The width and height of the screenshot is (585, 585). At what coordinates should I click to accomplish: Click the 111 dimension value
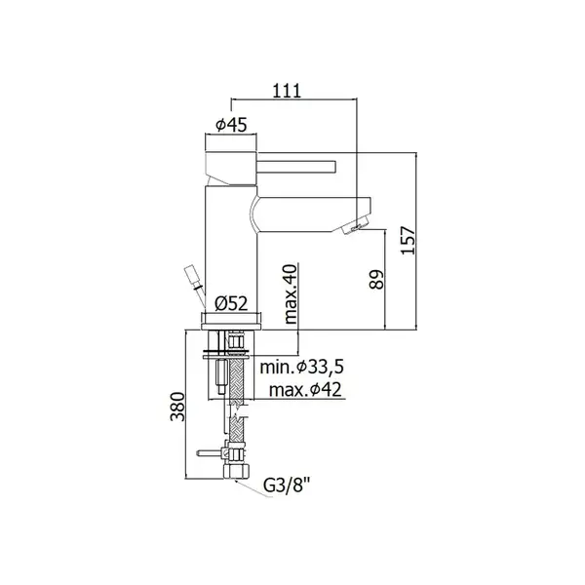tap(287, 91)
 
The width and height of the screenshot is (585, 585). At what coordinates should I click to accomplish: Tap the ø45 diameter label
tap(231, 125)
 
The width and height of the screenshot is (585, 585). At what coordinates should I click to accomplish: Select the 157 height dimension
tap(409, 240)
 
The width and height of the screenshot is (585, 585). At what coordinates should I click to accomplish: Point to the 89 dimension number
tap(376, 280)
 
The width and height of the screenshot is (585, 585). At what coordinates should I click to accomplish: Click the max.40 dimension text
tap(291, 293)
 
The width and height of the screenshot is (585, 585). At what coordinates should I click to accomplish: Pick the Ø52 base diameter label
tap(231, 304)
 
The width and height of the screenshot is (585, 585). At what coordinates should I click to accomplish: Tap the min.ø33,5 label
tap(301, 368)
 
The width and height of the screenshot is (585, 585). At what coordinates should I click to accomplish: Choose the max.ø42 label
tap(305, 390)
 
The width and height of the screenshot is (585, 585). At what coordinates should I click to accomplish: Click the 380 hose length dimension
tap(177, 407)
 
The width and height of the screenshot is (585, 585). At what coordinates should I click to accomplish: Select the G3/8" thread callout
tap(287, 486)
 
